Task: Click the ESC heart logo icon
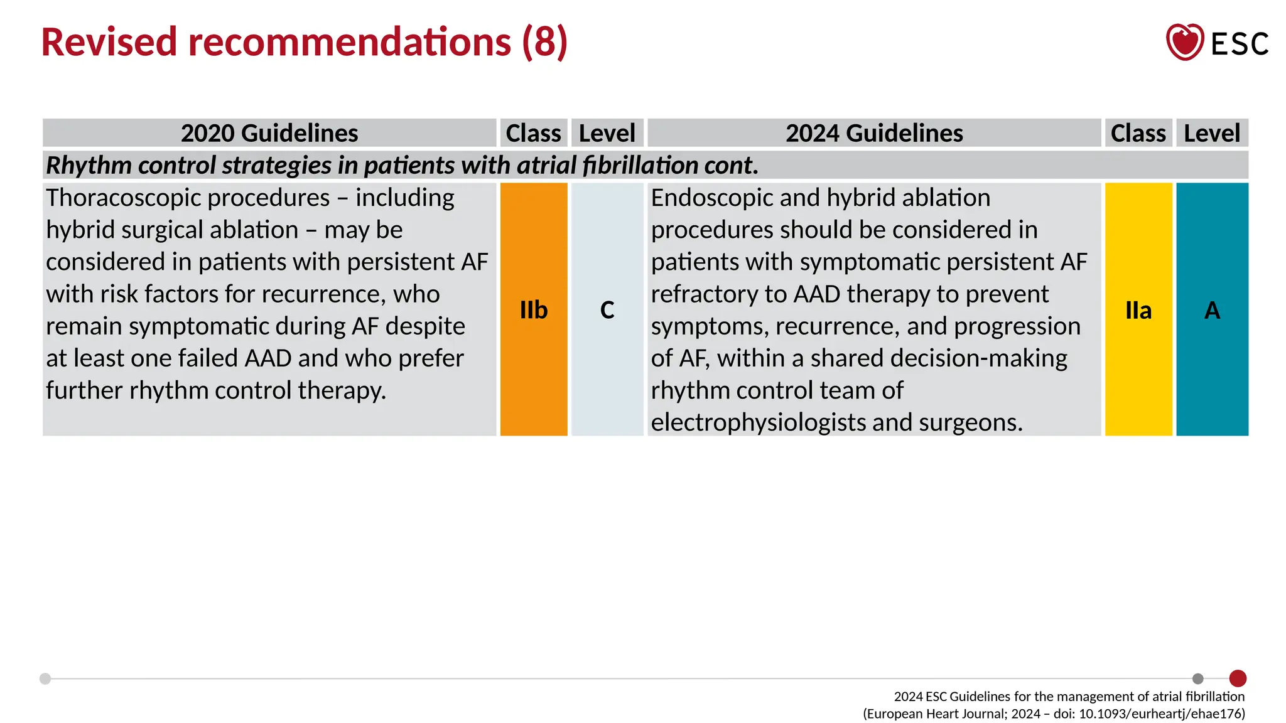point(1184,42)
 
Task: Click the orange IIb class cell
point(534,309)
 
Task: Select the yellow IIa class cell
point(1138,309)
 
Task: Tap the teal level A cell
point(1212,309)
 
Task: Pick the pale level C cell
point(607,309)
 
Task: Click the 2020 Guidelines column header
point(269,133)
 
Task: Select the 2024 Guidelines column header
point(874,133)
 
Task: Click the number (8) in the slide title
point(544,42)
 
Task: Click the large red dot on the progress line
point(1238,678)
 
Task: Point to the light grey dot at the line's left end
point(45,678)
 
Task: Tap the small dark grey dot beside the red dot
point(1198,678)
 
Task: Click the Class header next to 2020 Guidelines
point(534,133)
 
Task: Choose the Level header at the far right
point(1212,133)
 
